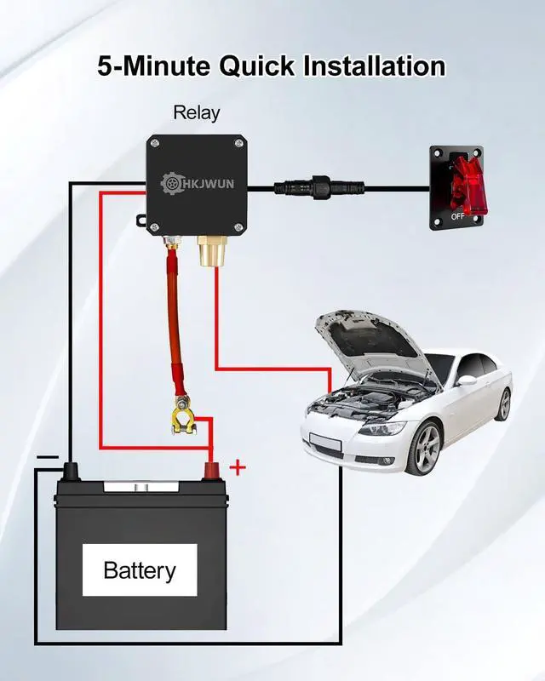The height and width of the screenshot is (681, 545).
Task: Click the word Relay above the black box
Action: [197, 113]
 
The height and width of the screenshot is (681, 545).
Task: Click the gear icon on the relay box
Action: [170, 183]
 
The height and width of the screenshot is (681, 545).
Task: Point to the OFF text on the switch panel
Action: [457, 216]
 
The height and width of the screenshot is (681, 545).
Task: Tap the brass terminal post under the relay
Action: [211, 251]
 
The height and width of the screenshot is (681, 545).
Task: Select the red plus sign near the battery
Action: [238, 467]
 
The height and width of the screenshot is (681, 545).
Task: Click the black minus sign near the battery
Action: [48, 457]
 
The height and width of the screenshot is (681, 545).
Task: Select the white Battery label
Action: [140, 569]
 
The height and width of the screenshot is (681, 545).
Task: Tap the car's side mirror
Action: [466, 381]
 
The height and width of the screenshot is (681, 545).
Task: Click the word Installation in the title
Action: [374, 66]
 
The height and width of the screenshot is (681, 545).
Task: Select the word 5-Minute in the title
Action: [153, 66]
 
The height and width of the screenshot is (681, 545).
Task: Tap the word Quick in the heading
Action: [256, 66]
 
